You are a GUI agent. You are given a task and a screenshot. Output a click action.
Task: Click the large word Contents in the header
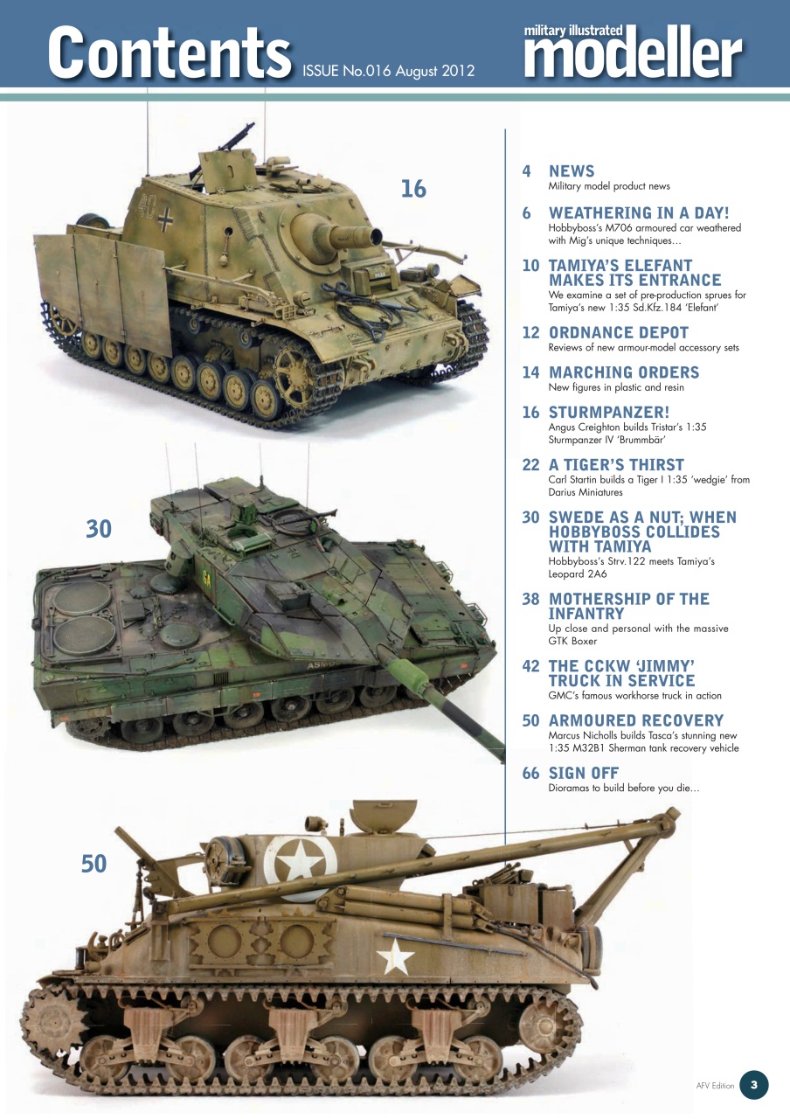pyautogui.click(x=169, y=52)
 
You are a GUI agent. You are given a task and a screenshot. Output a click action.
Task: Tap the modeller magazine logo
pyautogui.click(x=634, y=54)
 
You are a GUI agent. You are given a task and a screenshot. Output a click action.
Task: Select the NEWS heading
pyautogui.click(x=572, y=171)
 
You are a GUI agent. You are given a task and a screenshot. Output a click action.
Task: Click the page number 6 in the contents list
pyautogui.click(x=527, y=213)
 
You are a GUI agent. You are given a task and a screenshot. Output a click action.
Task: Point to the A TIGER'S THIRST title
pyautogui.click(x=616, y=465)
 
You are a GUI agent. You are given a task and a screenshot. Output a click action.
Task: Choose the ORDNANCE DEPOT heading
pyautogui.click(x=619, y=333)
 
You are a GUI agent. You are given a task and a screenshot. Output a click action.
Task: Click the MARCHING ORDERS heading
pyautogui.click(x=624, y=372)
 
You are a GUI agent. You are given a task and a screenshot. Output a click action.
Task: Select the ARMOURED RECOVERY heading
pyautogui.click(x=636, y=720)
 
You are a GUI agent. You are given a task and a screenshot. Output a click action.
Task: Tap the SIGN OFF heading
pyautogui.click(x=584, y=773)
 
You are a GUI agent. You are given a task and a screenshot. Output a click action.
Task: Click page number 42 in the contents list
pyautogui.click(x=530, y=666)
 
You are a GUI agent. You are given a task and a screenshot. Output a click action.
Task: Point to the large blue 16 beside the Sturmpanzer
pyautogui.click(x=413, y=188)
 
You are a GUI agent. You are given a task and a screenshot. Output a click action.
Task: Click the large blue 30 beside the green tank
pyautogui.click(x=99, y=528)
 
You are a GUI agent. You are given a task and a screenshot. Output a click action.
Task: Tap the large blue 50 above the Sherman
pyautogui.click(x=94, y=864)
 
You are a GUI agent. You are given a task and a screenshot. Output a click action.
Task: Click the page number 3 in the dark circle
pyautogui.click(x=753, y=1086)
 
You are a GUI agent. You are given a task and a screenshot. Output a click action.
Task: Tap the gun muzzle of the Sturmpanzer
pyautogui.click(x=376, y=234)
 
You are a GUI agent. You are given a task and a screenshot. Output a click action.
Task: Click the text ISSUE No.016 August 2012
pyautogui.click(x=388, y=71)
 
